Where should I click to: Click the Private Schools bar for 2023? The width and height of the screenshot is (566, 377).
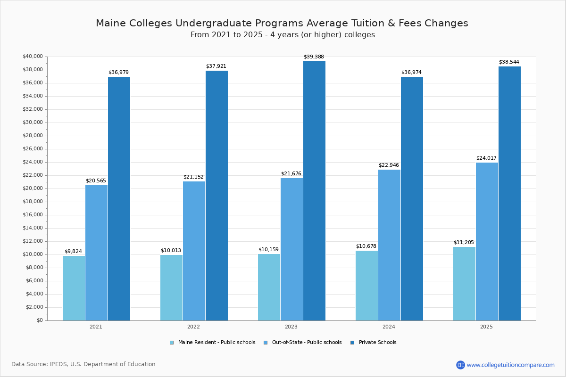[x=314, y=191]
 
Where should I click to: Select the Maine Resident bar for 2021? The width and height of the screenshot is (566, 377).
[x=74, y=288]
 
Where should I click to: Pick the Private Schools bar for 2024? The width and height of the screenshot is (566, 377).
[x=412, y=198]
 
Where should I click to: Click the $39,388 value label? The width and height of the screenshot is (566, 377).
[x=314, y=57]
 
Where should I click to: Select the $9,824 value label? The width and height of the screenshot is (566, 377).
[x=73, y=252]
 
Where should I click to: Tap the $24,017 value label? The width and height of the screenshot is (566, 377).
[x=486, y=158]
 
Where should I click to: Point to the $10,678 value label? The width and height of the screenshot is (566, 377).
[x=366, y=246]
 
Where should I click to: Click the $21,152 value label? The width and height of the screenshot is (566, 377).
[x=193, y=177]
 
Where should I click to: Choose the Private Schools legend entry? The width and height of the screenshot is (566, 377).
[x=377, y=343]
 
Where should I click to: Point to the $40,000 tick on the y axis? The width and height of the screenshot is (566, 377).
[x=33, y=57]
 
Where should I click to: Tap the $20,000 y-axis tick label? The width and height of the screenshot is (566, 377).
[x=33, y=188]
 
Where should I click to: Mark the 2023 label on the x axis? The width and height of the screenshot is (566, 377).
[x=291, y=327]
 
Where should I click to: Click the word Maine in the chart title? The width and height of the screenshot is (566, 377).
[x=110, y=24]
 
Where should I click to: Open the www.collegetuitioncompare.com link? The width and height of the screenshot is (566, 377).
[x=510, y=365]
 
